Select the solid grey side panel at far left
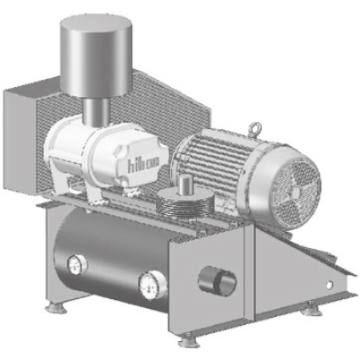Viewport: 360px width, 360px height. tap(22, 140)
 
